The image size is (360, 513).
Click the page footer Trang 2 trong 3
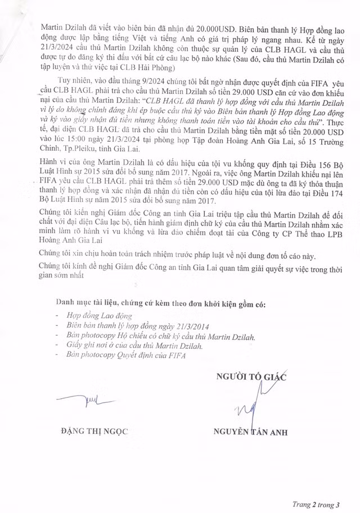tap(318, 502)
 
